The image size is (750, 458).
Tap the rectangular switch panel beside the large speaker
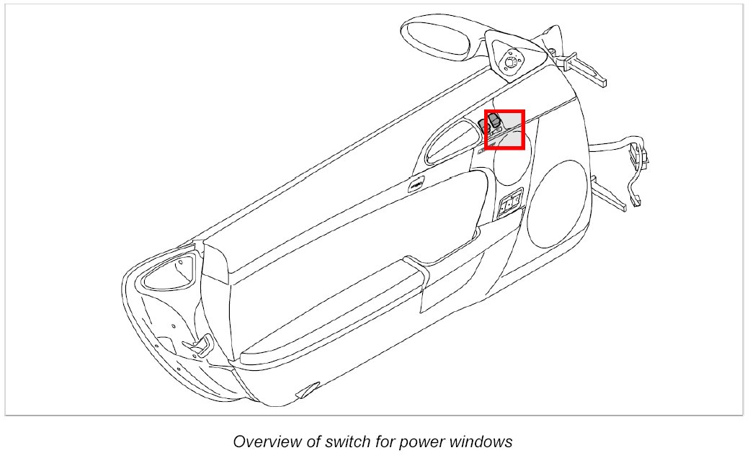click(x=510, y=206)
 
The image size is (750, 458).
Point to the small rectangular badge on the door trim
click(x=416, y=187)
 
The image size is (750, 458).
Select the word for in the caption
click(x=372, y=441)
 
